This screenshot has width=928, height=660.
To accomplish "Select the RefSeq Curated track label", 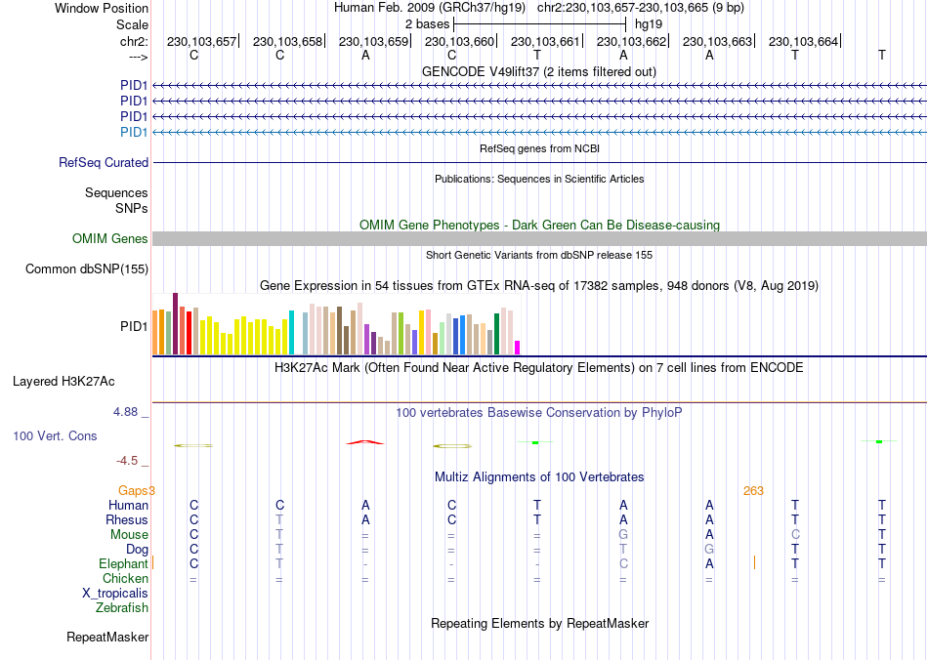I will [x=104, y=163].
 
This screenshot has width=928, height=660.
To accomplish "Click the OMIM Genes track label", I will [x=110, y=239].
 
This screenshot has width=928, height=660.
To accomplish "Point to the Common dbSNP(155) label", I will [x=87, y=268].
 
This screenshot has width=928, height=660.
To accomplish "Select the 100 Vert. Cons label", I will [x=56, y=435].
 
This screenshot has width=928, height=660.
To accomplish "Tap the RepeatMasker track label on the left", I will [x=107, y=638].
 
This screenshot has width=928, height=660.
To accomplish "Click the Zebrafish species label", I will [x=122, y=608].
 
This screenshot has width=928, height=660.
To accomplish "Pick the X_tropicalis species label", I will [x=115, y=594].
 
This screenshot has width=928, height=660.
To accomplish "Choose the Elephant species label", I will [x=123, y=564].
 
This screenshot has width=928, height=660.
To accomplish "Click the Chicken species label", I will [x=125, y=579].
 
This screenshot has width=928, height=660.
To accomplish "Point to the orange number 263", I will [x=753, y=491].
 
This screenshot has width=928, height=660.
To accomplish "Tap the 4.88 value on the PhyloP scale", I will [x=127, y=412].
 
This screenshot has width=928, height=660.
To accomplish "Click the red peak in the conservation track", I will [x=365, y=442].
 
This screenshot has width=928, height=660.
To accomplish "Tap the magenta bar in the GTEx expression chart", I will [x=518, y=347].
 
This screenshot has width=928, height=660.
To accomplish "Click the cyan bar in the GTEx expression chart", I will [x=292, y=332].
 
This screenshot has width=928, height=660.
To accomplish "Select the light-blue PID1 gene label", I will [x=134, y=132].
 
